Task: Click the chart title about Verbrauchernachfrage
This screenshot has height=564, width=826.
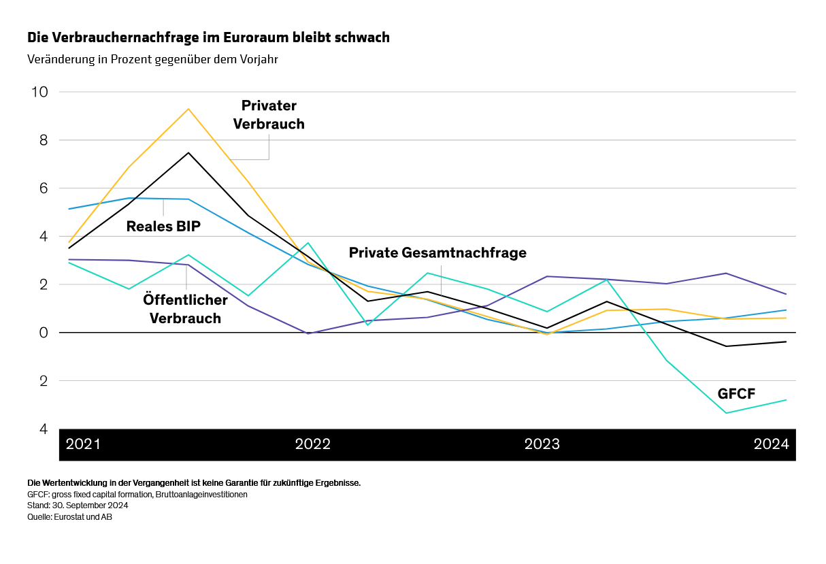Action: (208, 37)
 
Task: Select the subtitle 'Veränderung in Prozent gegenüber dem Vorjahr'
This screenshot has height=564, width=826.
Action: (152, 59)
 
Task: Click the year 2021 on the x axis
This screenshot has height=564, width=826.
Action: (83, 445)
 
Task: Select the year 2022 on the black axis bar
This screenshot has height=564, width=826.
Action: (312, 445)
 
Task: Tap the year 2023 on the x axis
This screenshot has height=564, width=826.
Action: (542, 445)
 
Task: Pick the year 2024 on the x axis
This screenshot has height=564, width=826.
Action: (771, 445)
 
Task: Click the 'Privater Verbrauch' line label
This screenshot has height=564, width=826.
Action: (269, 115)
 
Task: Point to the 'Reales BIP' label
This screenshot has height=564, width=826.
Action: (163, 227)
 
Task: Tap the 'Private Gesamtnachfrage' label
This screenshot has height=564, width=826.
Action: (437, 253)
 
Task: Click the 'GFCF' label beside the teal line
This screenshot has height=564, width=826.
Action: (736, 393)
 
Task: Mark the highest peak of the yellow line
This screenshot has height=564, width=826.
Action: (188, 109)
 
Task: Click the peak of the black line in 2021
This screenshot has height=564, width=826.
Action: (188, 152)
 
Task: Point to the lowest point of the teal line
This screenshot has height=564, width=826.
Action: (726, 413)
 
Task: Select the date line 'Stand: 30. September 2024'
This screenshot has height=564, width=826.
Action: (78, 505)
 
